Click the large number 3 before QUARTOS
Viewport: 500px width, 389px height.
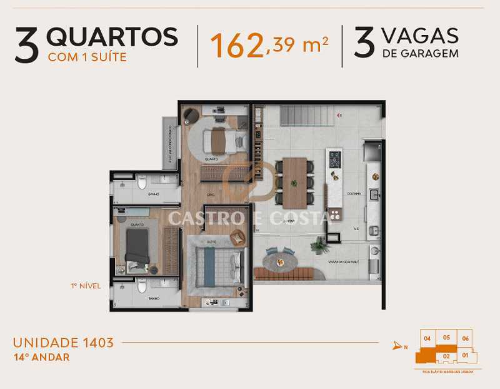click(x=26, y=46)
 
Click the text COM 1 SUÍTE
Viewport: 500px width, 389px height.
click(x=87, y=58)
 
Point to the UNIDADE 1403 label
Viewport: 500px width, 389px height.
click(x=63, y=342)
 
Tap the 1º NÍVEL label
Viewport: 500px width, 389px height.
click(x=85, y=285)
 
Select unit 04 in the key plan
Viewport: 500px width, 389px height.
click(x=427, y=338)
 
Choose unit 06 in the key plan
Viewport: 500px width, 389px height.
click(x=465, y=338)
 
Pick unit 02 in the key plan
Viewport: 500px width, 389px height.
click(x=446, y=356)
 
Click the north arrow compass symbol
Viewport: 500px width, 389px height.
click(x=397, y=345)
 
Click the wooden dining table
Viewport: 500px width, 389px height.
click(x=294, y=182)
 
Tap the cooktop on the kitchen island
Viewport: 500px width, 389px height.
click(x=335, y=160)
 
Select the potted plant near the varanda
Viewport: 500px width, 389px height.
click(x=321, y=246)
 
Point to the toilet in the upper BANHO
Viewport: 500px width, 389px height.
click(x=142, y=183)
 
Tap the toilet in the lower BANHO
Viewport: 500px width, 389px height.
click(x=142, y=286)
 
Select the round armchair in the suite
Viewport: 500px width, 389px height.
click(x=238, y=238)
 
